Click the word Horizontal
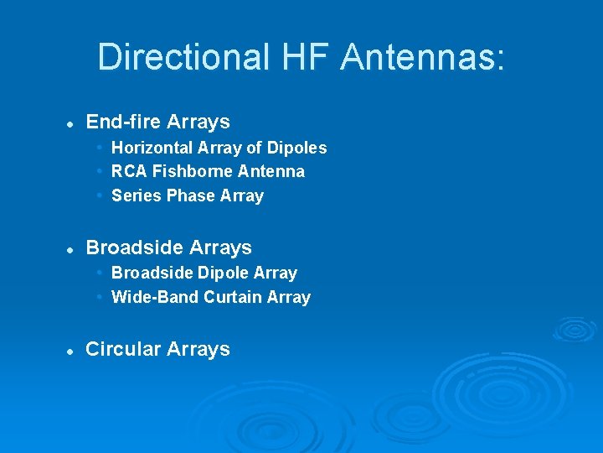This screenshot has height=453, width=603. [153, 148]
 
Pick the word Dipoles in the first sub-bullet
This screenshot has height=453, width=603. [297, 148]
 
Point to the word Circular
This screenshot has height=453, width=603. [121, 349]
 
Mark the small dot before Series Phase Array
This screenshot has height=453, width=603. [100, 195]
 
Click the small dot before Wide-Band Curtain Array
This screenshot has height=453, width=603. [100, 297]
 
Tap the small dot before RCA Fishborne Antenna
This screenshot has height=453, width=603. [100, 171]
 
